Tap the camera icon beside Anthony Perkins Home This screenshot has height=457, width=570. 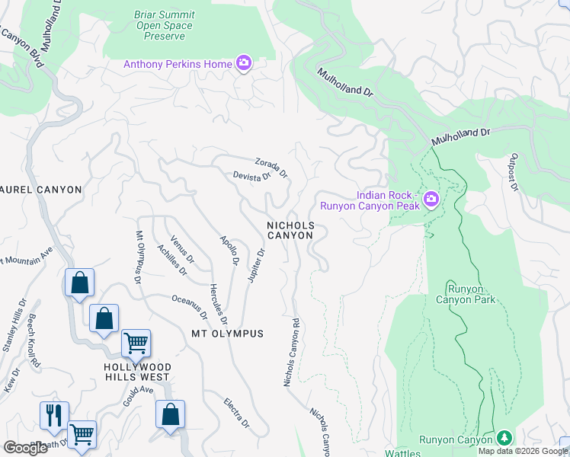244,63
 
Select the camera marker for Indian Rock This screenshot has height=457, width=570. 431,200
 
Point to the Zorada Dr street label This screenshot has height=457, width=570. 271,168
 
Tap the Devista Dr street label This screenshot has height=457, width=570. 252,177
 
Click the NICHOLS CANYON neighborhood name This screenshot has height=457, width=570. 290,231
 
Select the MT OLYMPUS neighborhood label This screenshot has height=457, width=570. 227,334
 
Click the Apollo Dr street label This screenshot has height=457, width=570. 229,251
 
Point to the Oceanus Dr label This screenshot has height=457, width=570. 190,307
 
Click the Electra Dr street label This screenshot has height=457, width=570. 237,412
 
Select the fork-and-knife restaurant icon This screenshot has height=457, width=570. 54,415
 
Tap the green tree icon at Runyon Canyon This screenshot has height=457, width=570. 503,438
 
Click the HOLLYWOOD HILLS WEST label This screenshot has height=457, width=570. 137,372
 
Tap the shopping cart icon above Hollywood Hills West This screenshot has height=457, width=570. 136,343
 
